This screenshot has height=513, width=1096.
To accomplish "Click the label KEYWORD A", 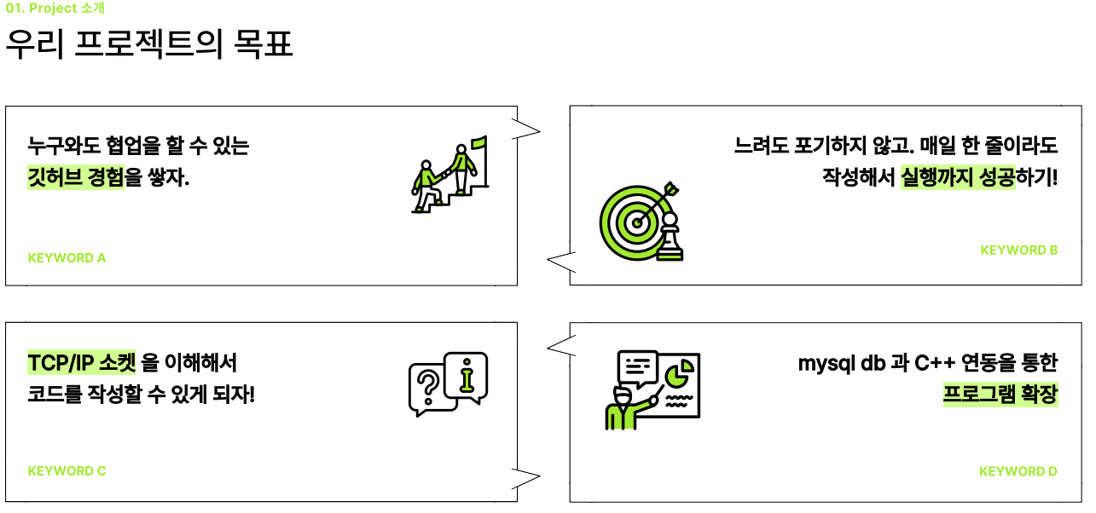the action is (x=67, y=257).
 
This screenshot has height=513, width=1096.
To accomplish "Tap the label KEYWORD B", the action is (x=1018, y=250).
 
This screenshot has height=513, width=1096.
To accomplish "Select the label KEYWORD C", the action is (x=67, y=470).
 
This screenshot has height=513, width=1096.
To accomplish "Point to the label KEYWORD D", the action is (x=1018, y=471).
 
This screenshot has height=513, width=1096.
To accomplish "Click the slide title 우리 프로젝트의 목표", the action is (x=149, y=46).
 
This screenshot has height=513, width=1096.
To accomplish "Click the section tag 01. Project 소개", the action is (x=55, y=9).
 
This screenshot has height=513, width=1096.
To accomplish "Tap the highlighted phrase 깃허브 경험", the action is (x=76, y=178).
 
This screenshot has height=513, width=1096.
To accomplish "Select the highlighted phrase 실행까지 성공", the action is (x=958, y=178).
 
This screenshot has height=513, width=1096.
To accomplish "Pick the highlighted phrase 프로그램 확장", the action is (x=1000, y=395).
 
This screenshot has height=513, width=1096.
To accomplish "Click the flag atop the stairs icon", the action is (x=478, y=143).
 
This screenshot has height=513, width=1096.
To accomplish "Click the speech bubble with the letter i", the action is (x=467, y=375).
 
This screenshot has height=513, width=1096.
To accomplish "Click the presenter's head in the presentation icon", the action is (x=622, y=399).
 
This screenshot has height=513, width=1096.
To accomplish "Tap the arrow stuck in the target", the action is (x=661, y=197).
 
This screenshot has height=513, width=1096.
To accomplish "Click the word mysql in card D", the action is (x=826, y=363).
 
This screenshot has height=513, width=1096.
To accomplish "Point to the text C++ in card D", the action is (x=935, y=363).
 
